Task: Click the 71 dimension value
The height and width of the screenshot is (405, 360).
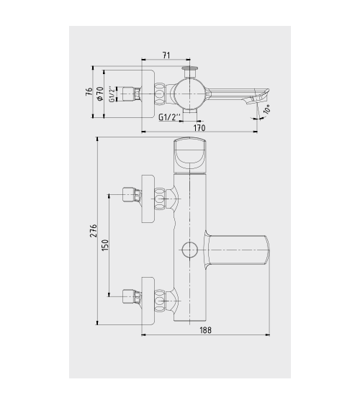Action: point(166,55)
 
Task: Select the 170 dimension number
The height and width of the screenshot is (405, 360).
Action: point(199,128)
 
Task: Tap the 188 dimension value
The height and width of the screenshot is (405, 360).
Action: point(205,330)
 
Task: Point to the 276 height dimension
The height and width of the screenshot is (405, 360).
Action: point(93,231)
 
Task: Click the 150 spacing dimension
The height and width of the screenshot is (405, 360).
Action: point(105,245)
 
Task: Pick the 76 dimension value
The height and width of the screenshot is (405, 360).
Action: point(89,91)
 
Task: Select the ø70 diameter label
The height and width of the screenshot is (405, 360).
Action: point(100,94)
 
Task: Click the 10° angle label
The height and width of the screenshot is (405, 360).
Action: point(266,109)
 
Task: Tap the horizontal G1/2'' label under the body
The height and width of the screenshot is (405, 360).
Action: point(169,117)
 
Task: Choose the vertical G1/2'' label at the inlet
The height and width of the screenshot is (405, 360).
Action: point(112,94)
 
